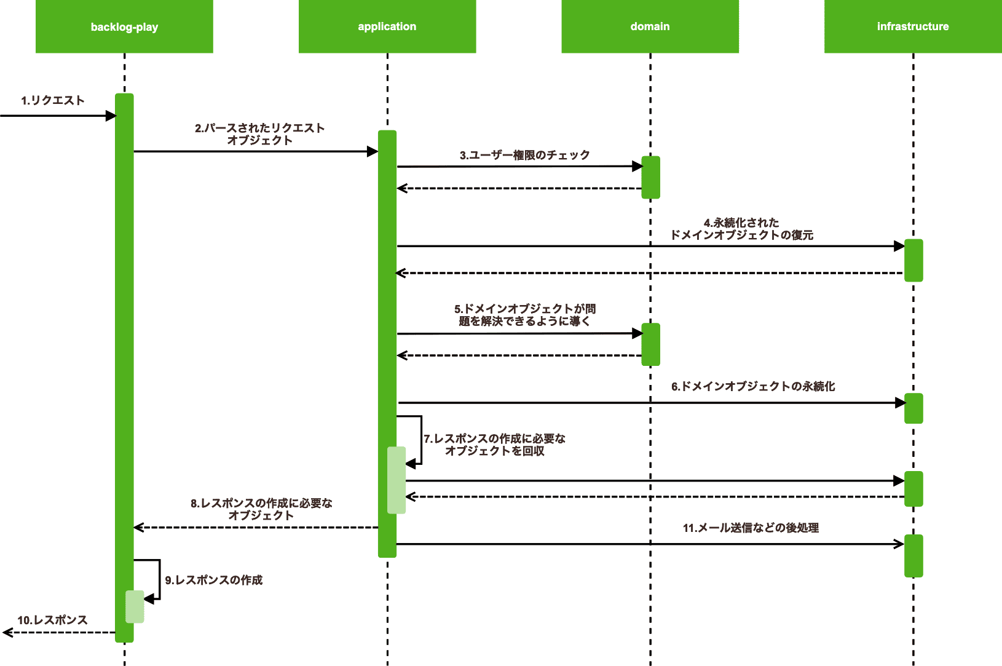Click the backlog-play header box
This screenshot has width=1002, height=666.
[124, 26]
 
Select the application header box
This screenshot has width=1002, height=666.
[387, 26]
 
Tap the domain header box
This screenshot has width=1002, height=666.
[650, 26]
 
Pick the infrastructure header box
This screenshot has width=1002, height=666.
[913, 26]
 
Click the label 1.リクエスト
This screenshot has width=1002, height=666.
[53, 100]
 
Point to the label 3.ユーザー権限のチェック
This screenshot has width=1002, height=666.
[524, 155]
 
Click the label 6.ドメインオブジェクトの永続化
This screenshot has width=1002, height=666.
[753, 386]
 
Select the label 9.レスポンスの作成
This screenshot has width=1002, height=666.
[214, 580]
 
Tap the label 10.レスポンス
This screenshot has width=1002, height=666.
[52, 620]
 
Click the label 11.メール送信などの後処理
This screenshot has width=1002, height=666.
[751, 528]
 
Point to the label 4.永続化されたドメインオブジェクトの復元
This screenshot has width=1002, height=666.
[741, 229]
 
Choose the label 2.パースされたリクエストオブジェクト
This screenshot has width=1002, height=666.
[259, 134]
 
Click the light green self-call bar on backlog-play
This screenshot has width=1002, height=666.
[135, 606]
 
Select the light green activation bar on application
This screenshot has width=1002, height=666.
[396, 480]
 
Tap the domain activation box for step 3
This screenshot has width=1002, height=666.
[650, 177]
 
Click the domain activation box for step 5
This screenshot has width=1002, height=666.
[650, 344]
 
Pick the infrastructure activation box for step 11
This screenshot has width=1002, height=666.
[913, 556]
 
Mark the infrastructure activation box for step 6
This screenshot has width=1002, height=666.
[913, 408]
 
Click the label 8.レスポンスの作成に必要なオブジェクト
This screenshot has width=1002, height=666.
[261, 509]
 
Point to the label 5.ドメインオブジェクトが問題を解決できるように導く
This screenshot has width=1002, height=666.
[524, 315]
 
